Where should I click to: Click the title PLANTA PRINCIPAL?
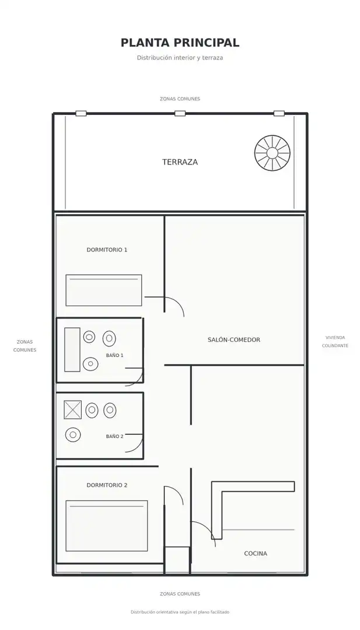click(180, 43)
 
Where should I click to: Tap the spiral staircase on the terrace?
click(272, 153)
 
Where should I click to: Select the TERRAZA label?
click(180, 162)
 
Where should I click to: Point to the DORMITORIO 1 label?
click(107, 250)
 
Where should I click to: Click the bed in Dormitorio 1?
click(104, 290)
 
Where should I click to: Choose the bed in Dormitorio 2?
click(106, 526)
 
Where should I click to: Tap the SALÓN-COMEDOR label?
click(234, 339)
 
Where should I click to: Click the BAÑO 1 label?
click(115, 355)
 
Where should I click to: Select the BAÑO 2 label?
click(115, 436)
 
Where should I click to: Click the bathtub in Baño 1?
click(72, 349)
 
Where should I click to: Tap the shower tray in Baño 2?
click(73, 410)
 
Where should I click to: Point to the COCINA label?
click(256, 553)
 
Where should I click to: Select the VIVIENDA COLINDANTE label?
click(335, 341)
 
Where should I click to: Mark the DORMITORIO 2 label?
click(107, 485)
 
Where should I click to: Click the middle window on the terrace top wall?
click(180, 113)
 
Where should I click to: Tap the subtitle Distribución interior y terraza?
click(180, 57)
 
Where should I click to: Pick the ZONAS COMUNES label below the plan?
click(180, 594)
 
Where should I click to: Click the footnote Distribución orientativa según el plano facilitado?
click(180, 612)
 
